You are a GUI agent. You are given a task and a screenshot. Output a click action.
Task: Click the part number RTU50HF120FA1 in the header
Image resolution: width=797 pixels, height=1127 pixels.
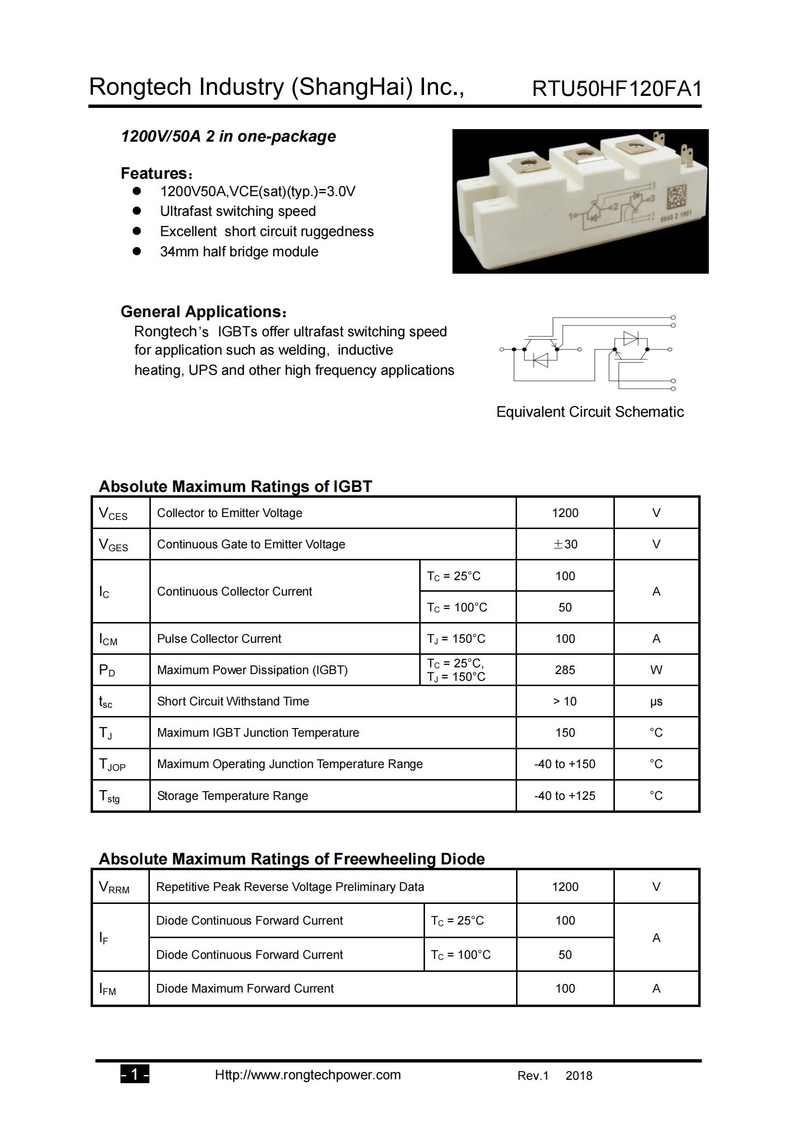pyautogui.click(x=616, y=89)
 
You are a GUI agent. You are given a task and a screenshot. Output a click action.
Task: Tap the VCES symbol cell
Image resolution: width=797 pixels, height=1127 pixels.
pyautogui.click(x=113, y=514)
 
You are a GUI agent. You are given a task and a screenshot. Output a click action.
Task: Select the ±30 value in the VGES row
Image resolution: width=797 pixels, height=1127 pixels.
pyautogui.click(x=565, y=544)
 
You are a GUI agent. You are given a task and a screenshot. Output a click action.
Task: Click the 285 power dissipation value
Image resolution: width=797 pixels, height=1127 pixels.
pyautogui.click(x=565, y=670)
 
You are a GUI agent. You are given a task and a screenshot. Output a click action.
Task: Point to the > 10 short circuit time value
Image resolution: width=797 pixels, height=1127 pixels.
pyautogui.click(x=565, y=702)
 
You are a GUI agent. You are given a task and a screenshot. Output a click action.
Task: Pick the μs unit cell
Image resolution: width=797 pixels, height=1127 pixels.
pyautogui.click(x=656, y=702)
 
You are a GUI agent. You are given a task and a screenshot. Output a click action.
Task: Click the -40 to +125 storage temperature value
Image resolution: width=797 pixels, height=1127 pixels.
pyautogui.click(x=564, y=796)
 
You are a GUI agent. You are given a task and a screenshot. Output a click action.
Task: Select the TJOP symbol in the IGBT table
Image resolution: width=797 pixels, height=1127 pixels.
pyautogui.click(x=112, y=765)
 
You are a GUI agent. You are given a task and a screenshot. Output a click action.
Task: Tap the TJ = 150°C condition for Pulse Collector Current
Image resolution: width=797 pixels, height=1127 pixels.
pyautogui.click(x=456, y=638)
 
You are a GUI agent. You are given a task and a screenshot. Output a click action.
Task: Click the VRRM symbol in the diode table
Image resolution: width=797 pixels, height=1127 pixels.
pyautogui.click(x=114, y=887)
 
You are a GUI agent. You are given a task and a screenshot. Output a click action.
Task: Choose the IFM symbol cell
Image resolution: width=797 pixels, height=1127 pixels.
pyautogui.click(x=107, y=989)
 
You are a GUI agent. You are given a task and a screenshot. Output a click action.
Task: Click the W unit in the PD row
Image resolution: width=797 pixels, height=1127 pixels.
pyautogui.click(x=656, y=670)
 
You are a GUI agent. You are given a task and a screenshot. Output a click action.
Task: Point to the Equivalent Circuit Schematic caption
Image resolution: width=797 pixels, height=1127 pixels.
pyautogui.click(x=590, y=412)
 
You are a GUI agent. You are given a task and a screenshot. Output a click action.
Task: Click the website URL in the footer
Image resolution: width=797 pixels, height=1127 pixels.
pyautogui.click(x=308, y=1075)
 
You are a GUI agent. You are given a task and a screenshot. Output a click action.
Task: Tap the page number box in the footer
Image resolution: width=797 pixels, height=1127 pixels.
pyautogui.click(x=134, y=1075)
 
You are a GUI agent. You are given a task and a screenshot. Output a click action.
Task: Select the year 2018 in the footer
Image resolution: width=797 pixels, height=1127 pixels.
pyautogui.click(x=579, y=1076)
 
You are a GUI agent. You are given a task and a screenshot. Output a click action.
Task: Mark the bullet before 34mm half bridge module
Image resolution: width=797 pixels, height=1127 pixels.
pyautogui.click(x=137, y=252)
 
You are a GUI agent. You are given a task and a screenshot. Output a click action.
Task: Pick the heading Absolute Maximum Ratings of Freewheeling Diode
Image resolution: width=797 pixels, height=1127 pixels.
pyautogui.click(x=292, y=859)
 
